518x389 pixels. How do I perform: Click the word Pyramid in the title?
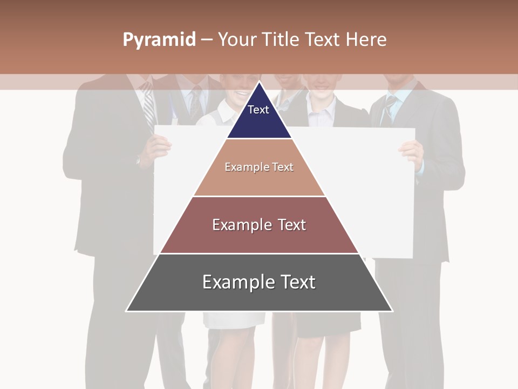[159, 40]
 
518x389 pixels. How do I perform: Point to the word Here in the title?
[366, 40]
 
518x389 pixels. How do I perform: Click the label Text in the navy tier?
[258, 110]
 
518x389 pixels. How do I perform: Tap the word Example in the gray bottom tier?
[235, 282]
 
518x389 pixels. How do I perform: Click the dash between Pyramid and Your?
[207, 40]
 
